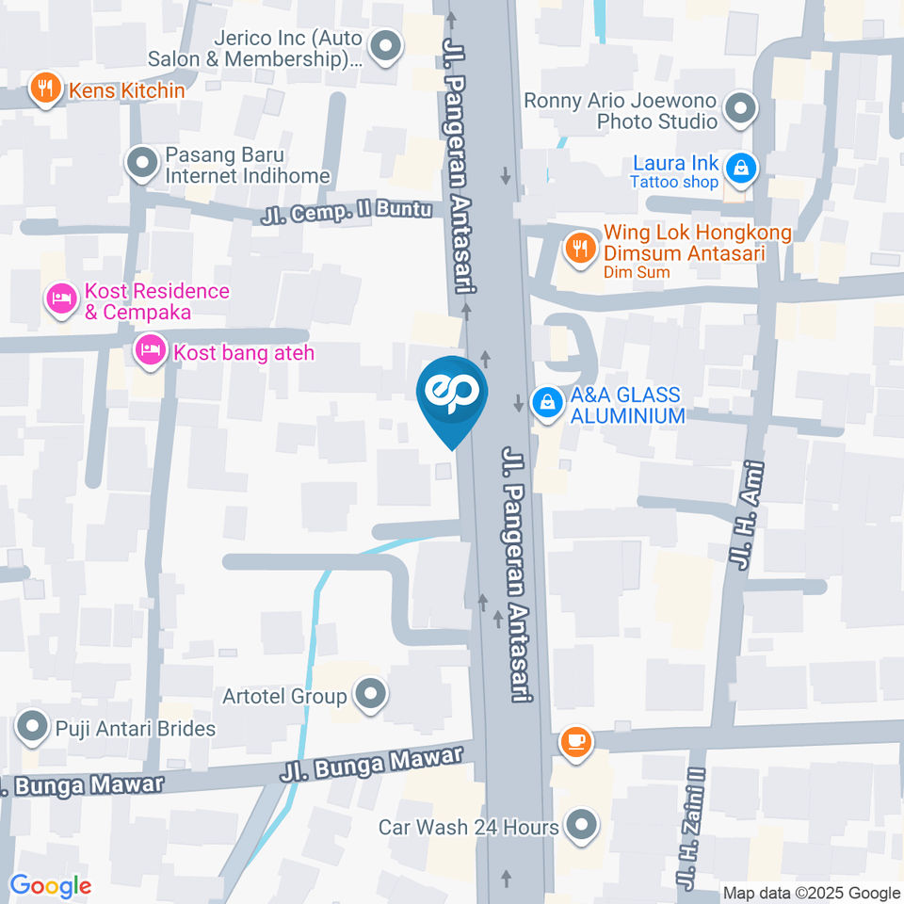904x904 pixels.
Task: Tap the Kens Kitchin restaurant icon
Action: pos(43,90)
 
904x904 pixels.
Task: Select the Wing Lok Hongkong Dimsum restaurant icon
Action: pos(578,250)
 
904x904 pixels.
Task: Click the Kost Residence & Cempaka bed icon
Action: pos(62,301)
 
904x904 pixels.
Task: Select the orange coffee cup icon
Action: pos(574,742)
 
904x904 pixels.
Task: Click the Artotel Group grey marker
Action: pos(371,696)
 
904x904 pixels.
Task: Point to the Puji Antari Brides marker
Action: pos(33,728)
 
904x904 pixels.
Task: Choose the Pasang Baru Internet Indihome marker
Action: pos(142,164)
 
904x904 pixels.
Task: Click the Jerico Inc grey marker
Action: pos(385,46)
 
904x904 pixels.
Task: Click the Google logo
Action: pos(50,886)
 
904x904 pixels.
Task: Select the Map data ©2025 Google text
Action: pos(811,893)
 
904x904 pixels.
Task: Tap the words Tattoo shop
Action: pos(673,183)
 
